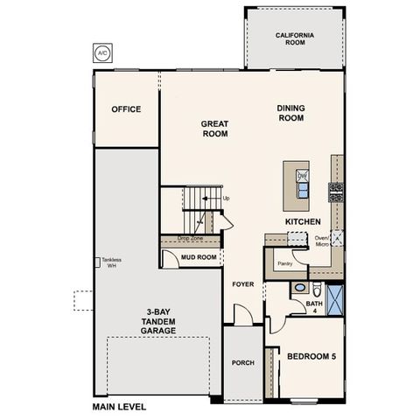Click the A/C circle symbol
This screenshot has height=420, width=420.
(103, 52)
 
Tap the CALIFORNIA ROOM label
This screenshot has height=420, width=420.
(294, 39)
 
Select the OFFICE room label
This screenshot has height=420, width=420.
(126, 109)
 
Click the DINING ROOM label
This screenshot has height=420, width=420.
(290, 114)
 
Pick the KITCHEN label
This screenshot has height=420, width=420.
(303, 221)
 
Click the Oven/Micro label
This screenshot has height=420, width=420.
(321, 242)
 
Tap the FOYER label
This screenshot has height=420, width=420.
(242, 285)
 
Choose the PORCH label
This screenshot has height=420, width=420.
(241, 362)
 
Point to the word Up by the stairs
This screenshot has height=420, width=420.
(227, 199)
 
